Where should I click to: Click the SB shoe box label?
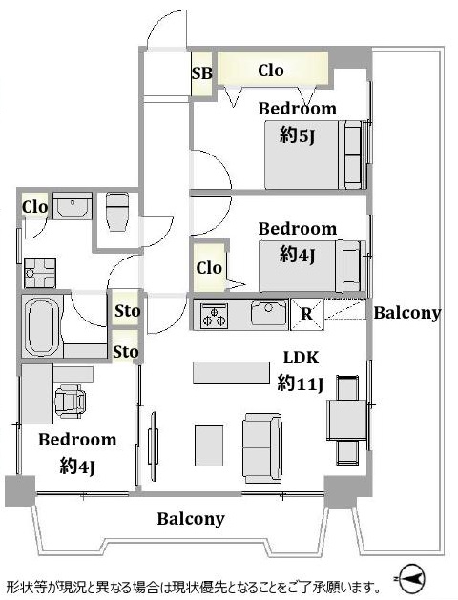[x=201, y=72]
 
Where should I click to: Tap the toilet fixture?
[x=117, y=212]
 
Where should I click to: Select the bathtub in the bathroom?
[x=42, y=325]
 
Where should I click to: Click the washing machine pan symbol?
[x=40, y=273]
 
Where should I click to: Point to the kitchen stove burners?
[x=215, y=315]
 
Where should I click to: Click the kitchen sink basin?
[x=269, y=313]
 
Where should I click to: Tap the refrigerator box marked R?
[x=307, y=314]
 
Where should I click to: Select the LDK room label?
[x=301, y=358]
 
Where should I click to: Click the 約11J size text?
[x=301, y=383]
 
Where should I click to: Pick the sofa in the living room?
[x=262, y=447]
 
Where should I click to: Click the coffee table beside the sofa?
[x=209, y=445]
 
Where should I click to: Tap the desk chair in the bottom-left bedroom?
[x=71, y=401]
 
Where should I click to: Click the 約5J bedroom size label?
[x=298, y=135]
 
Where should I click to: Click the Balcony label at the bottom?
[x=191, y=519]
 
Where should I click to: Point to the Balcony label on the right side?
[x=407, y=313]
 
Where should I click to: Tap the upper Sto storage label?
[x=127, y=311]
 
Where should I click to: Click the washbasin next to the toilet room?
[x=73, y=206]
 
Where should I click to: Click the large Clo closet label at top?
[x=271, y=71]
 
